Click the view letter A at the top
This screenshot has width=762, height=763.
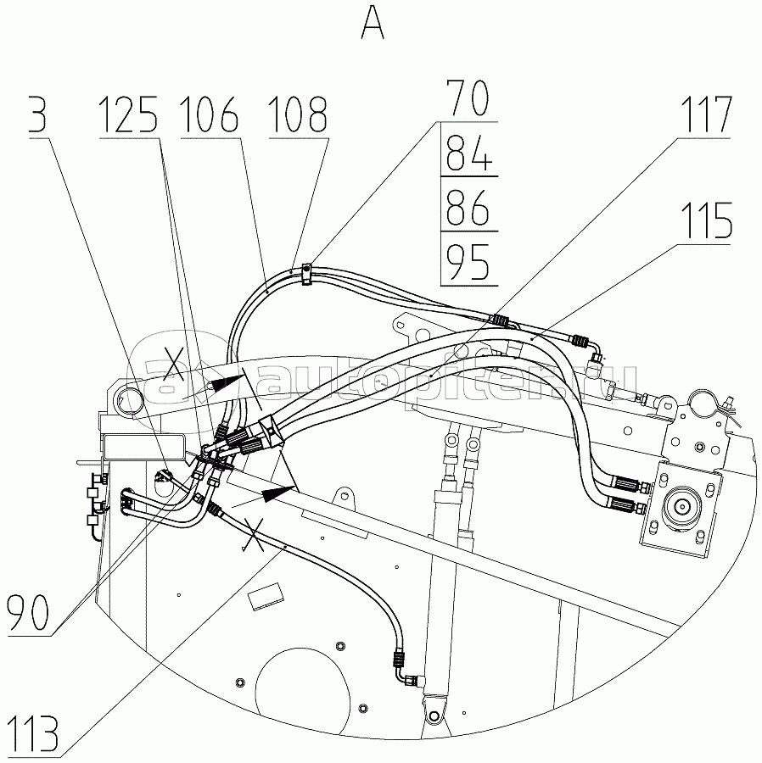click(x=373, y=23)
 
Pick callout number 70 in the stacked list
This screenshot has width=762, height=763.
click(x=468, y=99)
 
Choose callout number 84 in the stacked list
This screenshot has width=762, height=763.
click(x=468, y=156)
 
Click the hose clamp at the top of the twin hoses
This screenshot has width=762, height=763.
click(x=306, y=272)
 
